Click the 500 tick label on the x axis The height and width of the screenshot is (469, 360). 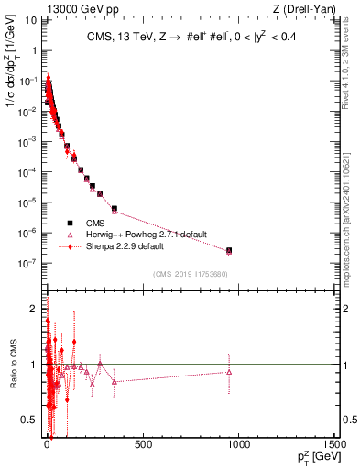[142, 444]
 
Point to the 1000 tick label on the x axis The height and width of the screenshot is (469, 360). [238, 444]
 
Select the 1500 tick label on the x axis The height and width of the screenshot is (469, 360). [333, 444]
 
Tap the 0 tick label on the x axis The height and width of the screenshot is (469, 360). [47, 444]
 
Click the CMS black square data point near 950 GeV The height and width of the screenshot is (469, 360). [229, 250]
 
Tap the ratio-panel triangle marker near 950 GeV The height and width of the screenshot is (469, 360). [229, 371]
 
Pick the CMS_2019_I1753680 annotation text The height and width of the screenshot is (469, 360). [191, 274]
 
